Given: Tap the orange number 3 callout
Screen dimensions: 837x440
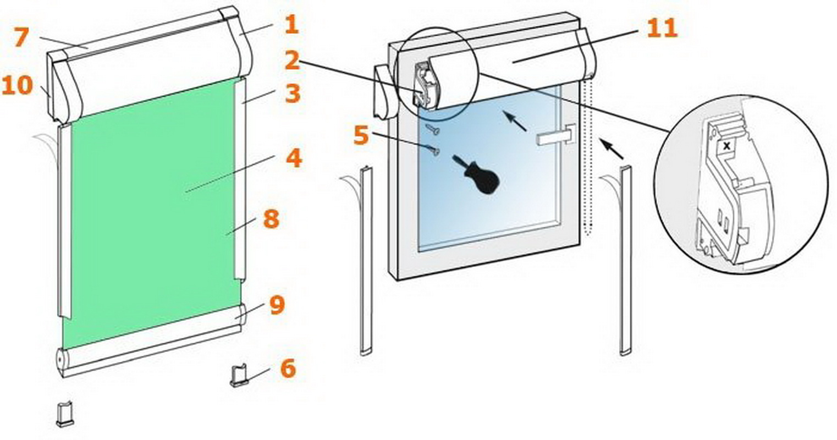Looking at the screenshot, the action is pyautogui.click(x=293, y=93).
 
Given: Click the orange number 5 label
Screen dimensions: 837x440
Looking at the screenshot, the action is pyautogui.click(x=361, y=135).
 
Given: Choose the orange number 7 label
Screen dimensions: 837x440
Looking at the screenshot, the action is pyautogui.click(x=21, y=37).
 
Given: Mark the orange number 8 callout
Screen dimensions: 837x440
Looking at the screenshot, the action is pyautogui.click(x=271, y=218).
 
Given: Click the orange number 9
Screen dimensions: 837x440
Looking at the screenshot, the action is pyautogui.click(x=277, y=305).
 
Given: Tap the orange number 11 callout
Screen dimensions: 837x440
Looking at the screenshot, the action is pyautogui.click(x=662, y=28).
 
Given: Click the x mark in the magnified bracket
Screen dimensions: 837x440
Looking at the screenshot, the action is pyautogui.click(x=726, y=146).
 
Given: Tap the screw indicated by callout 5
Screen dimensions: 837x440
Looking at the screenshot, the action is pyautogui.click(x=433, y=150).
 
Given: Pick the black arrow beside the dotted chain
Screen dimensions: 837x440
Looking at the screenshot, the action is pyautogui.click(x=612, y=149).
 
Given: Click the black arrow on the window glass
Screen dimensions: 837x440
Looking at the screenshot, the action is pyautogui.click(x=514, y=121).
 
